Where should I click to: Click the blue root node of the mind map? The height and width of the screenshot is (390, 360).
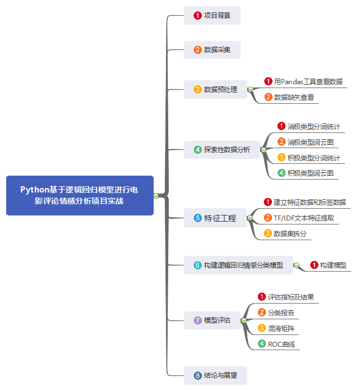coord(80,195)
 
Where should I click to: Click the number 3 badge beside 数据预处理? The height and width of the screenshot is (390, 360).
coord(197,89)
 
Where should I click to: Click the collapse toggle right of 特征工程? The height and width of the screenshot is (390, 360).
coord(250,218)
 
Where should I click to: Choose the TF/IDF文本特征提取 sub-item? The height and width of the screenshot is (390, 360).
coord(303,218)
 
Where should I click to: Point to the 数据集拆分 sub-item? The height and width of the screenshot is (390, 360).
coord(289,233)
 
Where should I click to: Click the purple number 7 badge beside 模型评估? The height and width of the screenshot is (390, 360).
coord(197,320)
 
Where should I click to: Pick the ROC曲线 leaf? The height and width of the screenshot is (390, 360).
coord(280,344)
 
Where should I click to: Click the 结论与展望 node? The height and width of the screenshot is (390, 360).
coord(215,375)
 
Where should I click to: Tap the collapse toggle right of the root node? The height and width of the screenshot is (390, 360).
coord(156,195)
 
